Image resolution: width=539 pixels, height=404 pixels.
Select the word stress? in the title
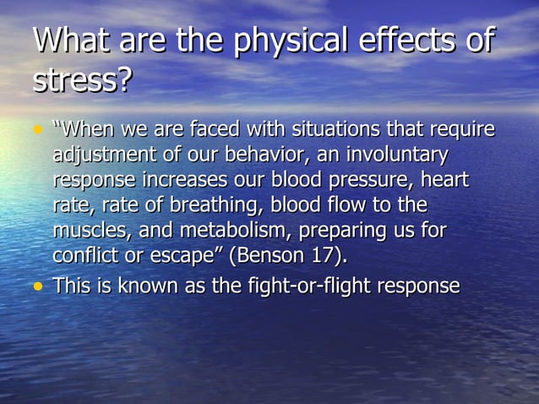tap(82, 82)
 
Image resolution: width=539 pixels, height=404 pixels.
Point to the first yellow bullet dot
tap(37, 131)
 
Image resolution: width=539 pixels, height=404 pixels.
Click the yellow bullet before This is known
tap(37, 287)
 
